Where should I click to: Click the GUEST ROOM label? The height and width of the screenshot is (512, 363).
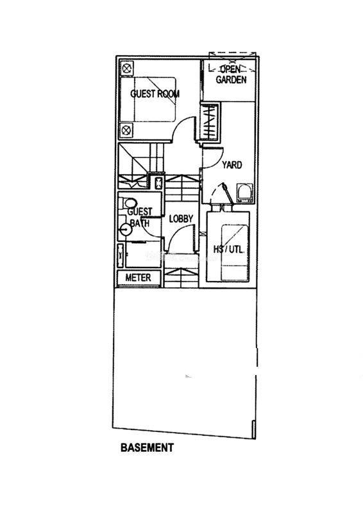pyautogui.click(x=155, y=93)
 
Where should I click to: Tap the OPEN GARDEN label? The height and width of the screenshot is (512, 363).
pyautogui.click(x=231, y=74)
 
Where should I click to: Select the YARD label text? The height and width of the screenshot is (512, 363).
pyautogui.click(x=232, y=165)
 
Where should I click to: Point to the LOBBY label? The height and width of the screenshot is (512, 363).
pyautogui.click(x=181, y=219)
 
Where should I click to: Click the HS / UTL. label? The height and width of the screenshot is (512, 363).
pyautogui.click(x=228, y=250)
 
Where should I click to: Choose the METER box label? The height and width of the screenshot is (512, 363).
pyautogui.click(x=138, y=278)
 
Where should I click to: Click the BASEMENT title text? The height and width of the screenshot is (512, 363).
pyautogui.click(x=147, y=447)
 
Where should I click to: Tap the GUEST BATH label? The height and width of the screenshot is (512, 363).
pyautogui.click(x=139, y=218)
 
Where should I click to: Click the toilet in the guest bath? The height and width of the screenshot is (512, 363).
pyautogui.click(x=128, y=203)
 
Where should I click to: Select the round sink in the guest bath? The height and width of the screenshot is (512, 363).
pyautogui.click(x=125, y=230)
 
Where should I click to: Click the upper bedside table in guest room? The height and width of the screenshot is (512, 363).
pyautogui.click(x=127, y=68)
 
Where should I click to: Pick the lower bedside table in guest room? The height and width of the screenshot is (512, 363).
pyautogui.click(x=127, y=131)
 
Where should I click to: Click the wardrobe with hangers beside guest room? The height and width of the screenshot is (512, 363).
pyautogui.click(x=209, y=122)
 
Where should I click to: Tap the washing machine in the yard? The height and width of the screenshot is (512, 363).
pyautogui.click(x=245, y=193)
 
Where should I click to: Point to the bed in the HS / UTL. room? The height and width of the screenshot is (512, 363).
pyautogui.click(x=234, y=252)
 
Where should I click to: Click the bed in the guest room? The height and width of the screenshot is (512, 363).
pyautogui.click(x=148, y=100)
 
